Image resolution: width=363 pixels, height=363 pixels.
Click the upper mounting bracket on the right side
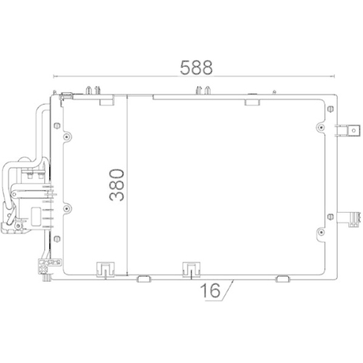tap(350, 131)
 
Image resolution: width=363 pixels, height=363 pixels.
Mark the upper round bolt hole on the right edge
tap(321, 126)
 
